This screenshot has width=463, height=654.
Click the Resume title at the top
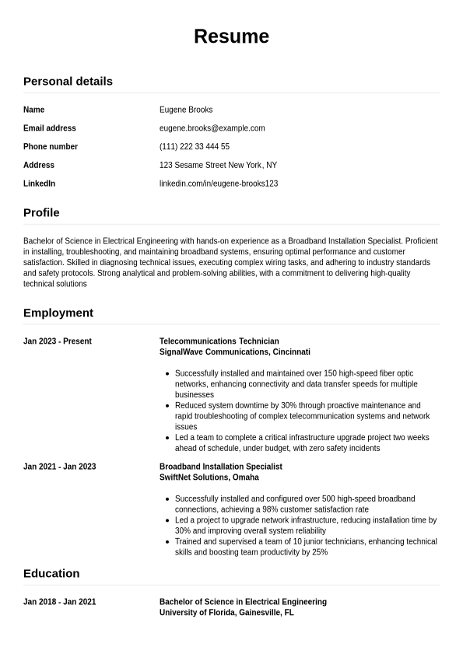(x=231, y=37)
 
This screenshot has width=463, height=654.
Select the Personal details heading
(x=68, y=81)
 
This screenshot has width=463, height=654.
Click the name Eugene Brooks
(x=186, y=110)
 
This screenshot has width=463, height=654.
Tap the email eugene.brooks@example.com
(x=212, y=128)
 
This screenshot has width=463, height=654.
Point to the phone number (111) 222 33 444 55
(x=194, y=146)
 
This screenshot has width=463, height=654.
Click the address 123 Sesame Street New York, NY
(x=218, y=165)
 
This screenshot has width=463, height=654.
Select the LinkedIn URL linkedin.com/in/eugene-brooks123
(x=219, y=184)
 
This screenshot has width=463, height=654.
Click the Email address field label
(x=50, y=128)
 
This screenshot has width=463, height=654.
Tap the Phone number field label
(x=51, y=146)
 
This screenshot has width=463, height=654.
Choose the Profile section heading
(x=41, y=212)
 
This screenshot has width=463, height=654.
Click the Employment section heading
(x=58, y=313)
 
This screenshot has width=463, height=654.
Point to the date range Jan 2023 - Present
(x=58, y=341)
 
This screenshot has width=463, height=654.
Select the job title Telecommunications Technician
(x=219, y=341)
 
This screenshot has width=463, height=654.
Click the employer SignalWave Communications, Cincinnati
(x=234, y=352)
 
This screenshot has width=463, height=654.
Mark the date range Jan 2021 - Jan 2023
(x=60, y=467)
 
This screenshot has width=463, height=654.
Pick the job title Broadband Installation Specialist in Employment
(x=221, y=467)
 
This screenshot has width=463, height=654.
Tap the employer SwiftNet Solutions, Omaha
(x=209, y=477)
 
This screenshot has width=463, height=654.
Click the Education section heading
(x=51, y=573)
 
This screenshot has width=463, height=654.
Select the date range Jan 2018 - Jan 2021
(x=60, y=602)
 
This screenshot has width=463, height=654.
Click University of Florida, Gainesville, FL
(x=226, y=613)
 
